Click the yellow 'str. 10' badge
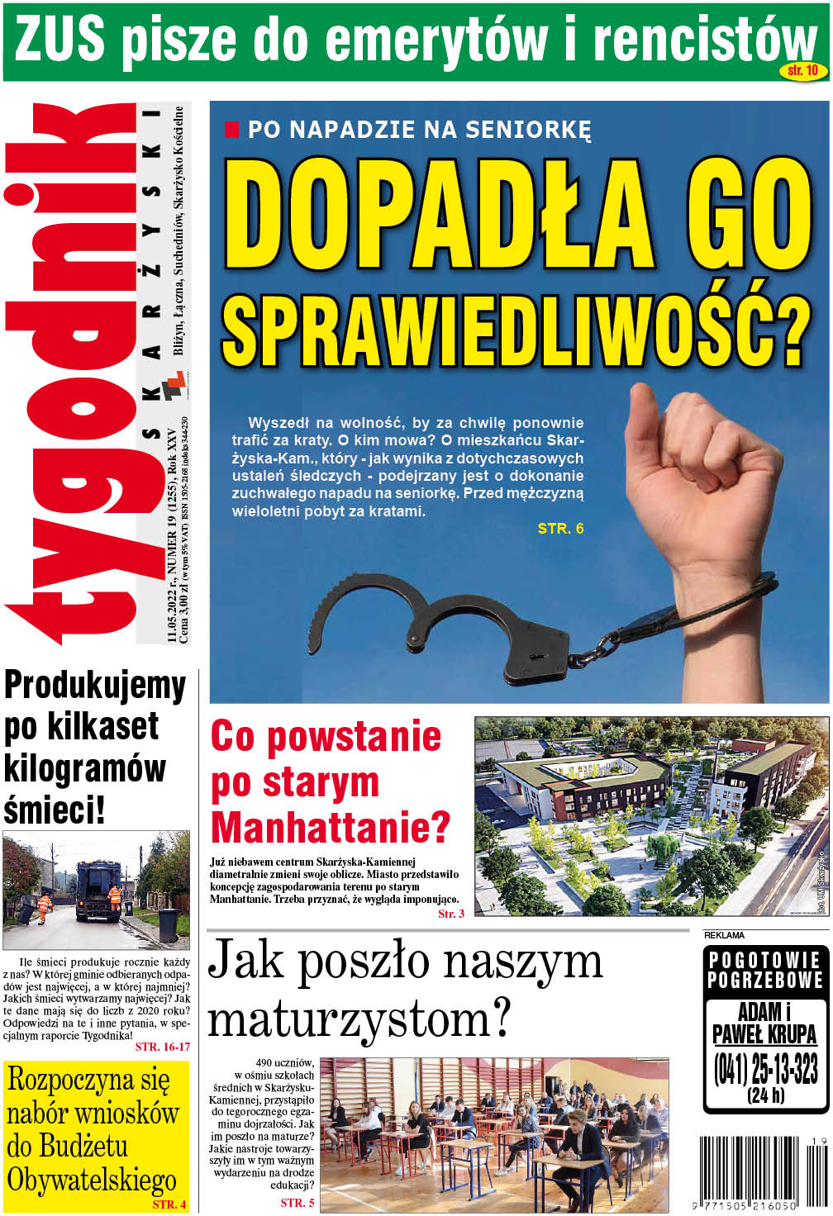click(x=802, y=71)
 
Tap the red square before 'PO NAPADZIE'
click(x=232, y=130)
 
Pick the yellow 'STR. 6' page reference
click(x=560, y=529)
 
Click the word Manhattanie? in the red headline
click(x=331, y=827)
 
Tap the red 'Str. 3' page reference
click(x=451, y=914)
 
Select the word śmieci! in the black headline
click(x=55, y=810)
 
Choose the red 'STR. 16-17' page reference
click(x=162, y=1047)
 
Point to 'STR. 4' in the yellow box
click(x=169, y=1204)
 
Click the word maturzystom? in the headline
click(x=359, y=1019)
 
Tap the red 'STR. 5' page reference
click(x=297, y=1203)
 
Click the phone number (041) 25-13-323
click(x=766, y=1069)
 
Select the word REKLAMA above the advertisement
click(x=724, y=935)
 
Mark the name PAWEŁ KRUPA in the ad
click(x=764, y=1034)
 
